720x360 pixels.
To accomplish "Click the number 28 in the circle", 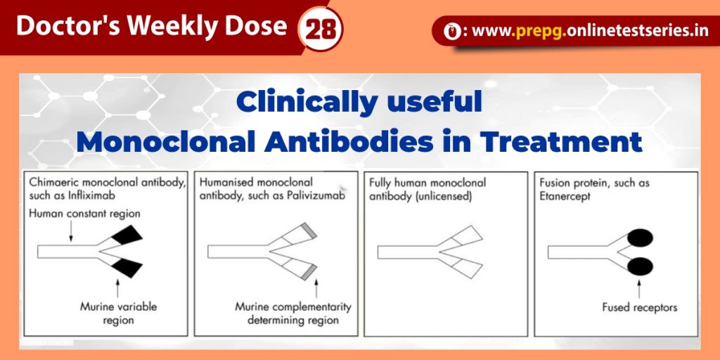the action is (321, 30).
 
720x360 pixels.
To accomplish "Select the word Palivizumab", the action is (320, 195).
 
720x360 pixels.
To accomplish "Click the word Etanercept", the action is (565, 196).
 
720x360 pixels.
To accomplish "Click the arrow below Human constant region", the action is (71, 231).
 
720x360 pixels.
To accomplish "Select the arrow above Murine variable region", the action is (118, 288).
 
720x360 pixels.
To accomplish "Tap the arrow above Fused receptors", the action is (639, 288).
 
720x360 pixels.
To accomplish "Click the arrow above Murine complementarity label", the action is (316, 288).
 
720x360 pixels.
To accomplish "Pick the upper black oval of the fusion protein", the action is (640, 238).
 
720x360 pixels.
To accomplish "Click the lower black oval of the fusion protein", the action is (640, 266).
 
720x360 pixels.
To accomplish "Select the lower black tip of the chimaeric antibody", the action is (127, 267).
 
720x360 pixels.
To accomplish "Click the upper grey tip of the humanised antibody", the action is (310, 231).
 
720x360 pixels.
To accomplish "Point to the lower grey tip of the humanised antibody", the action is (310, 272).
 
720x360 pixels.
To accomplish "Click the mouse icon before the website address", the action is (452, 31).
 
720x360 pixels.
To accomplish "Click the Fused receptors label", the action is (640, 307).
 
